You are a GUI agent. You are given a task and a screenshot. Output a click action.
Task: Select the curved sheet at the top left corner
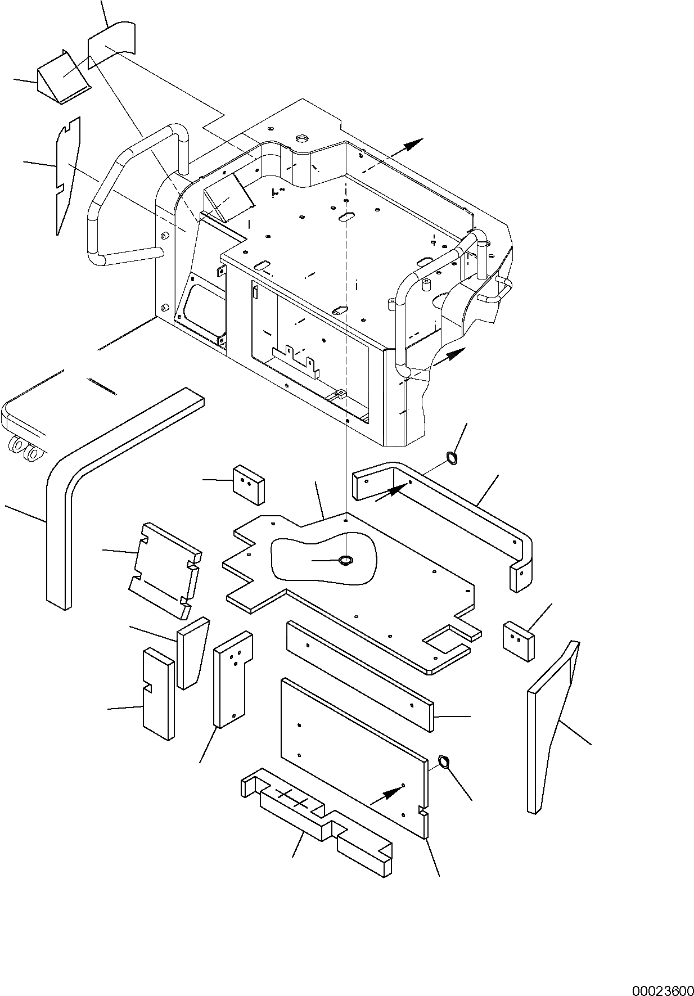(112, 39)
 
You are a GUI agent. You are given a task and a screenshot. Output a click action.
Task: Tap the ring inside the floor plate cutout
(344, 560)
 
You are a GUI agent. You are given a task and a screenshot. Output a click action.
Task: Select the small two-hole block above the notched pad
(249, 483)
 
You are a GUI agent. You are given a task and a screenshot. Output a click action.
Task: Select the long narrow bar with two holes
(360, 675)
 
